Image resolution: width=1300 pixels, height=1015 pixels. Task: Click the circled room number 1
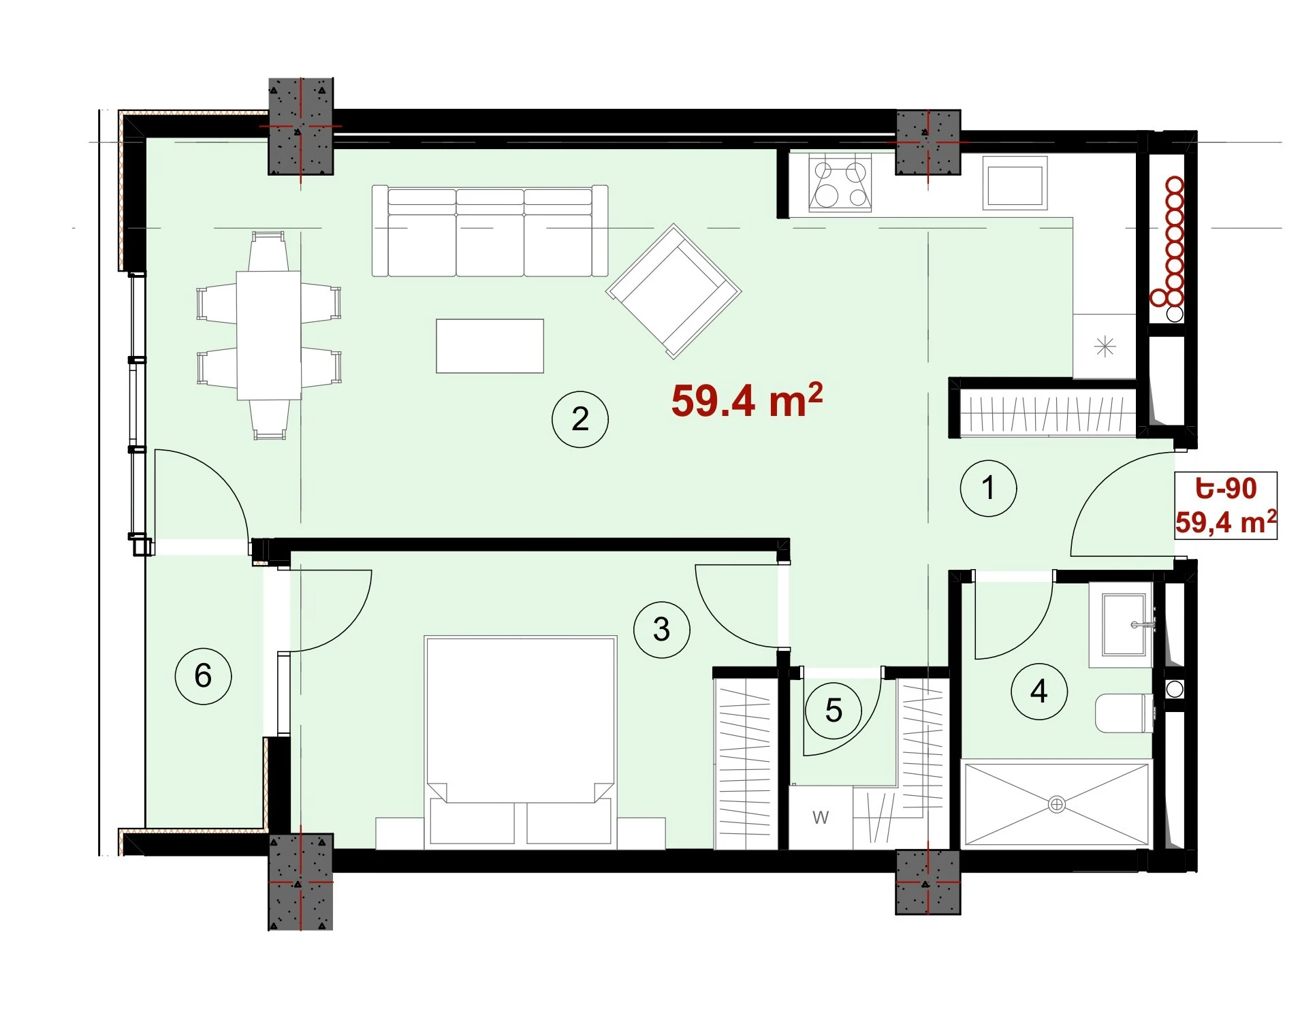coord(987,488)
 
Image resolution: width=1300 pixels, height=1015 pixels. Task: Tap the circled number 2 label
coord(580,419)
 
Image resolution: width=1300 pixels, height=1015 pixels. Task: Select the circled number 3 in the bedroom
coord(661,630)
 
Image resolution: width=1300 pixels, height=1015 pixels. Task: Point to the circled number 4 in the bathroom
coord(1039,692)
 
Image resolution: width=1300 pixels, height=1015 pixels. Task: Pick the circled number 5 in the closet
coord(834,711)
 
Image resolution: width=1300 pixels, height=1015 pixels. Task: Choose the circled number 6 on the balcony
coord(203,675)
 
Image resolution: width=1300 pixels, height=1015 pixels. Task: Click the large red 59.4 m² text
coord(747,400)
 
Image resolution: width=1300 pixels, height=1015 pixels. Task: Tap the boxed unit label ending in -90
coord(1225,506)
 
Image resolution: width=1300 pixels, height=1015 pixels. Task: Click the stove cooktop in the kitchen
coord(840,183)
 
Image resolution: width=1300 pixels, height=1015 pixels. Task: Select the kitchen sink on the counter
coord(1015,183)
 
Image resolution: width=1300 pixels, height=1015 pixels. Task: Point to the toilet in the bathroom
coord(1124,713)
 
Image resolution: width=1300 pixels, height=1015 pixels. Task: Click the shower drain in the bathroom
coord(1056,805)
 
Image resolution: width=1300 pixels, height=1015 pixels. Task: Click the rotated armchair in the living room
coord(673,291)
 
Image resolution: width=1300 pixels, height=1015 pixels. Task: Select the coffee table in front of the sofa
coord(490,346)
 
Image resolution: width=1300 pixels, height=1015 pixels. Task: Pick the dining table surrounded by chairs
coord(269,335)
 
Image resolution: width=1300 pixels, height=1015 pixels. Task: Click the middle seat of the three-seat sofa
coord(490,232)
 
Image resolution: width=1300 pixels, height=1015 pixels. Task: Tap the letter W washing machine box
coord(821,817)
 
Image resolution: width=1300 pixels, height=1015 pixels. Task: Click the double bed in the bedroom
coord(520,742)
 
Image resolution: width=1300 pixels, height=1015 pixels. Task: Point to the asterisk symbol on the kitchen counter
coord(1105,347)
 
